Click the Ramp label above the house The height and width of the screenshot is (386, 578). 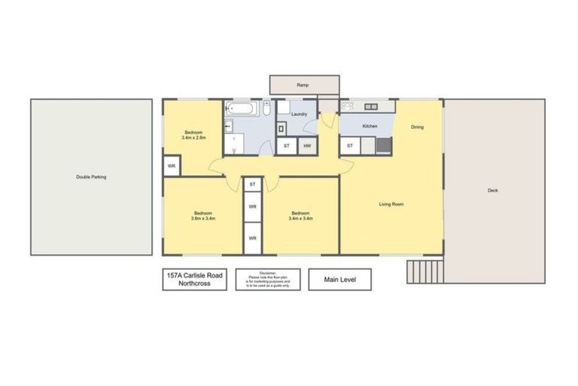[x=303, y=85]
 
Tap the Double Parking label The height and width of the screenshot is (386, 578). [x=91, y=177]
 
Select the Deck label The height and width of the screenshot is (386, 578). [x=493, y=191]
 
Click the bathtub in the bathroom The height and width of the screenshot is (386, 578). [x=242, y=110]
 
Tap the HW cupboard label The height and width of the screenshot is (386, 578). [x=307, y=146]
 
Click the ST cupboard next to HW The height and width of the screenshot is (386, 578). [x=286, y=146]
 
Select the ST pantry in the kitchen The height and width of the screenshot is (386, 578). [x=350, y=146]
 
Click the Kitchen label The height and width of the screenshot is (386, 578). [x=370, y=126]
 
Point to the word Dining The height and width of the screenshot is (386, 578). [x=417, y=127]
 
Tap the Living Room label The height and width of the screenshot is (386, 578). [x=391, y=204]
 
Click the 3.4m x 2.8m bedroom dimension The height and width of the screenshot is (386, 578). [x=193, y=138]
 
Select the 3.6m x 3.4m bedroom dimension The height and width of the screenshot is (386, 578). [x=203, y=219]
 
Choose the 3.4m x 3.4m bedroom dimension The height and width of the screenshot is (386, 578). [x=301, y=219]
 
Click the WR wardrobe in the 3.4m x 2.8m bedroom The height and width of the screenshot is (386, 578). [x=172, y=165]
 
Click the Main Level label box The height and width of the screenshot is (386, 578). [x=340, y=280]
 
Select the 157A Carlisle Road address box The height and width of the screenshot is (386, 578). [x=194, y=280]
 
